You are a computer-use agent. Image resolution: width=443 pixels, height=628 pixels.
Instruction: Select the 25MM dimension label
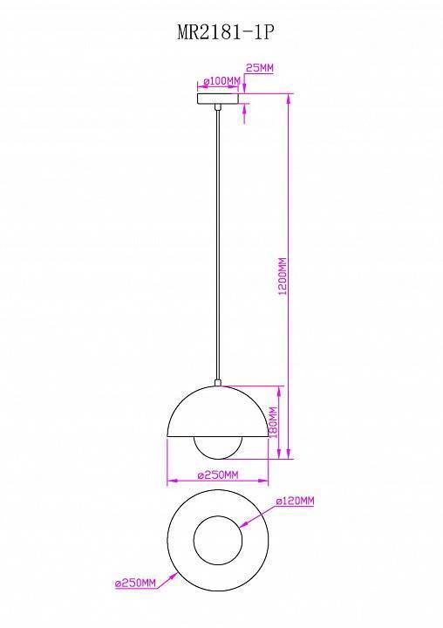tap(260, 67)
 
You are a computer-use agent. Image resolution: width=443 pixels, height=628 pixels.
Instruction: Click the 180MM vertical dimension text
tap(272, 423)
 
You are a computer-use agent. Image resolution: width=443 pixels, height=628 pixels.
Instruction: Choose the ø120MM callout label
tap(294, 502)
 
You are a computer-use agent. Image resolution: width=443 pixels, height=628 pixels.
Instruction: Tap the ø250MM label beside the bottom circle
tap(135, 583)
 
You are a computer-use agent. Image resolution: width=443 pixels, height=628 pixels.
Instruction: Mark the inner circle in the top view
tap(218, 543)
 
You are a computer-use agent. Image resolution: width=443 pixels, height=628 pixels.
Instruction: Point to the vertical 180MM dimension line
tap(280, 423)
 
